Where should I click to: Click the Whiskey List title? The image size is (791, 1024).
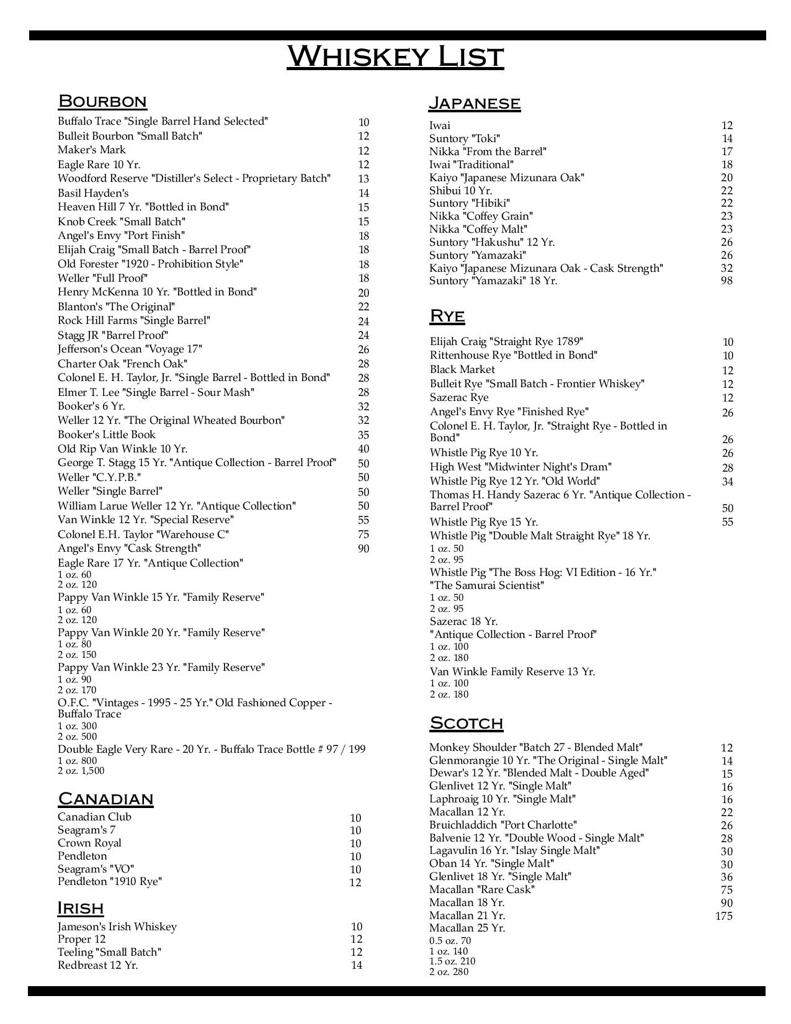click(395, 56)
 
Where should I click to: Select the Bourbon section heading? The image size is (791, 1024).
click(102, 101)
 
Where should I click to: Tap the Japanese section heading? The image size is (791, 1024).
click(475, 102)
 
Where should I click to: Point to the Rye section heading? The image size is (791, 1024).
click(447, 316)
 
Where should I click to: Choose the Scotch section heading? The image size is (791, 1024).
click(466, 723)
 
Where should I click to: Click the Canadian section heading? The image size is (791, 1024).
click(105, 799)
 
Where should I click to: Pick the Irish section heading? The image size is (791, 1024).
click(81, 908)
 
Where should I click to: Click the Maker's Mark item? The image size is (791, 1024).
click(92, 150)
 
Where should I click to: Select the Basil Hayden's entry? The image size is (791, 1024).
click(93, 193)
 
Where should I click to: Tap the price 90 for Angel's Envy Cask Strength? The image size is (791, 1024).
click(364, 549)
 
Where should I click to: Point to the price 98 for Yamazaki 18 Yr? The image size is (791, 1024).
click(726, 281)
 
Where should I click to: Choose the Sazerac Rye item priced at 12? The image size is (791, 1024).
click(459, 397)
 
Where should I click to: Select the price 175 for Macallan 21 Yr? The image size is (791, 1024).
click(723, 916)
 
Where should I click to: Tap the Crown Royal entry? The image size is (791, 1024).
click(89, 843)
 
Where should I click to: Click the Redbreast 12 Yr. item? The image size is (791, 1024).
click(98, 965)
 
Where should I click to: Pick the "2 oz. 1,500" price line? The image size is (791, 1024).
click(81, 771)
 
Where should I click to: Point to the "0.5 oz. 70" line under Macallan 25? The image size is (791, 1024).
click(450, 941)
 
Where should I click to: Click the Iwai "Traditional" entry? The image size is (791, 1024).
click(471, 164)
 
